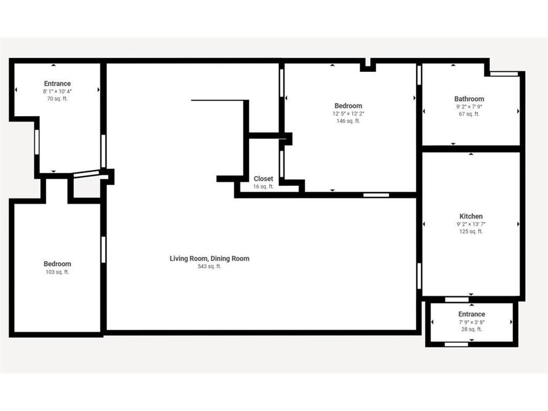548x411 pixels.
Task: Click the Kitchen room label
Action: (x=471, y=216)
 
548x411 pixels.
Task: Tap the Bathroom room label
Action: (x=469, y=99)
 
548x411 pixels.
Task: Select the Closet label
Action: (x=263, y=179)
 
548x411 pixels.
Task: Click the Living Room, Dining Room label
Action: (x=209, y=258)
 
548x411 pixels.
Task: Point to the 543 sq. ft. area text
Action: (x=209, y=267)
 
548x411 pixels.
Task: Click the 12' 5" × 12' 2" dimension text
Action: (x=348, y=113)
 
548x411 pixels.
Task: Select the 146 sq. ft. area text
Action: (x=348, y=121)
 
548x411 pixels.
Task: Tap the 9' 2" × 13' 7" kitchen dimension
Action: (x=471, y=224)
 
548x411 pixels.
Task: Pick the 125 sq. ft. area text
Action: (x=471, y=232)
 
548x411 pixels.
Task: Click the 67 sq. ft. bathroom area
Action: (x=469, y=114)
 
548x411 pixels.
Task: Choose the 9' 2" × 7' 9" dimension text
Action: (x=469, y=106)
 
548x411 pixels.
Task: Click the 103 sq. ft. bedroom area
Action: (x=57, y=272)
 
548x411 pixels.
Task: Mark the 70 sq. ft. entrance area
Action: (x=57, y=99)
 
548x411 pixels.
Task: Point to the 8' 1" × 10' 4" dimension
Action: (x=57, y=92)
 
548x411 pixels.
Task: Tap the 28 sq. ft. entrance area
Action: (x=471, y=329)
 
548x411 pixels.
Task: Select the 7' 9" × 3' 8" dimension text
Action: (x=471, y=322)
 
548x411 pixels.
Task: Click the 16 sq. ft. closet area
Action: (x=263, y=187)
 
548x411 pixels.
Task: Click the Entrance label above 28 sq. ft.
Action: (x=471, y=314)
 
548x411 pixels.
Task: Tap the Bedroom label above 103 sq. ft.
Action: (x=57, y=264)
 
